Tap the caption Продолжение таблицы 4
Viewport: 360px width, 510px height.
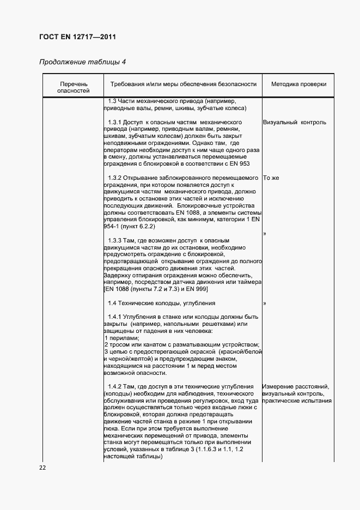tap(82, 62)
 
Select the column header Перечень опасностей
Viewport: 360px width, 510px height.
tap(73, 88)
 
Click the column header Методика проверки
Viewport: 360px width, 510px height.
tap(298, 84)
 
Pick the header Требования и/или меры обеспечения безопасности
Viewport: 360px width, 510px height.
tap(183, 84)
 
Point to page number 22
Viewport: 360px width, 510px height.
tap(43, 467)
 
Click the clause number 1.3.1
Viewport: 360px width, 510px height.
tap(114, 122)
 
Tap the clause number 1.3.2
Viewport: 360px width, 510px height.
tap(114, 178)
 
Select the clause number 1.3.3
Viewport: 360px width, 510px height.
tap(114, 240)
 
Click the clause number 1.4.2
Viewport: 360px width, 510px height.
tap(114, 387)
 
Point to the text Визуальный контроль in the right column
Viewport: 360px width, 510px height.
tap(294, 122)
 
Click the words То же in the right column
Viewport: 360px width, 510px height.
tap(271, 178)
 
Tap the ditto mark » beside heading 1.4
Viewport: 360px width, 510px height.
tap(265, 303)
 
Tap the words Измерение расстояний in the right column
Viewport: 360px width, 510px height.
tap(295, 387)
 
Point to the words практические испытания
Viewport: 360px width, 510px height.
tap(297, 401)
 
